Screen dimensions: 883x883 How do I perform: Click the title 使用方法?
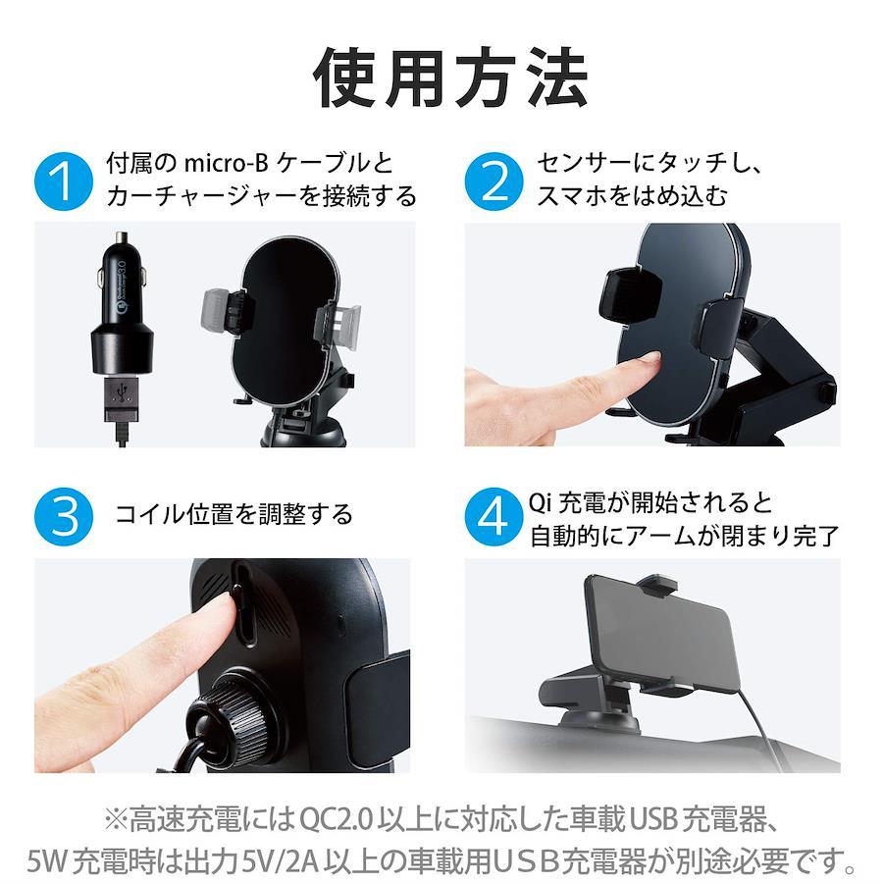tap(451, 78)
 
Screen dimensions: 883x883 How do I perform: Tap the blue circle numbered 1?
tap(63, 182)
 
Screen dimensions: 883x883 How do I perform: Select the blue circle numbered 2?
tap(493, 182)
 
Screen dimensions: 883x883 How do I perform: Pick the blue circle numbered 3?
tap(63, 516)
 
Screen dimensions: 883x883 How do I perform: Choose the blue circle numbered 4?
tap(493, 516)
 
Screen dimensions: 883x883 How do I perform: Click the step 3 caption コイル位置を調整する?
tap(234, 515)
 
